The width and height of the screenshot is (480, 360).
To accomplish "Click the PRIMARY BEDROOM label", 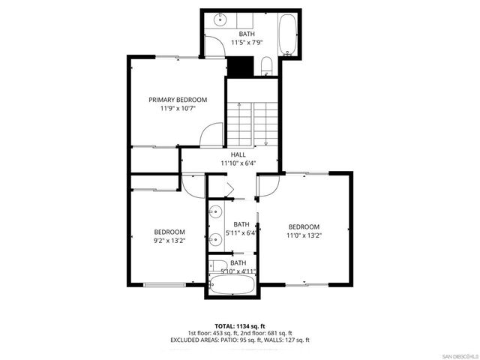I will click(x=178, y=100).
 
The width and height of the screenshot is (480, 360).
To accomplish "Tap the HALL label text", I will click(x=238, y=154).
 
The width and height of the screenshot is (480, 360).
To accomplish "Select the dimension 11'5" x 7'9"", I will click(x=247, y=43).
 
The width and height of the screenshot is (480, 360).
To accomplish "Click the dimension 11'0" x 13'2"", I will click(x=304, y=235).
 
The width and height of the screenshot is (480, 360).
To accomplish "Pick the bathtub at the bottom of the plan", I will click(x=232, y=285).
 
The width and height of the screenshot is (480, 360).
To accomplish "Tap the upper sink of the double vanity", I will click(x=214, y=211).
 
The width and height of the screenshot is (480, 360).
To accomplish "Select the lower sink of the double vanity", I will click(x=214, y=235).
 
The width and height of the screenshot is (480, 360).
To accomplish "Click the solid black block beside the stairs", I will click(x=239, y=67).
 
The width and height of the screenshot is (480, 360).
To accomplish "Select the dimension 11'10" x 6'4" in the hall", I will click(x=238, y=163).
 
